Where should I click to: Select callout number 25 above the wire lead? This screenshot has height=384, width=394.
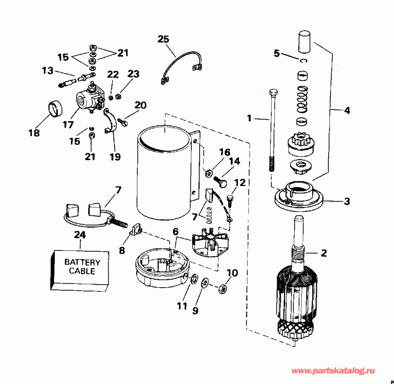163,39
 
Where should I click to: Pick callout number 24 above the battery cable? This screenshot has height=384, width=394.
79,235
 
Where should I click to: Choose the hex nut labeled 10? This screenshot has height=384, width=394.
222,289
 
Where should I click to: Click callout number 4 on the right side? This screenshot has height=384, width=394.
347,111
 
